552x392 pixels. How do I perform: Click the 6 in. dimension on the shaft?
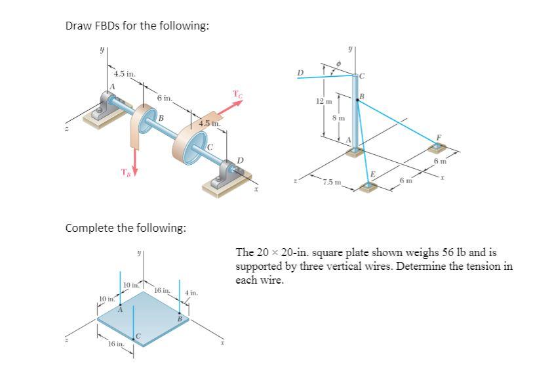[x=165, y=98]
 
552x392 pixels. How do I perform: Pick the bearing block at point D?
[x=231, y=174]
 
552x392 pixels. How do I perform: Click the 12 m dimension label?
[x=321, y=102]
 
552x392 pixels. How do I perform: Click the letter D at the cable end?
[x=301, y=72]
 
